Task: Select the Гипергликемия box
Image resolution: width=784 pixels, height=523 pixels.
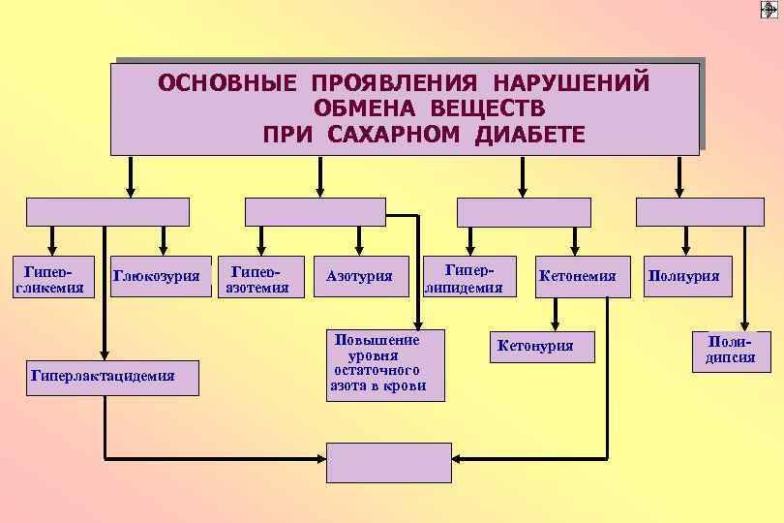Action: click(52, 276)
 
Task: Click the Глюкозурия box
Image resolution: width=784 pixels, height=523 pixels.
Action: click(162, 277)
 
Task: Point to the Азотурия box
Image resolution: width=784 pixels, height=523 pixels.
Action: click(359, 277)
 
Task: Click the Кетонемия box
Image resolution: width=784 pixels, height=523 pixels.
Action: click(577, 277)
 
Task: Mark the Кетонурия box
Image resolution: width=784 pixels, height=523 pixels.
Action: click(534, 346)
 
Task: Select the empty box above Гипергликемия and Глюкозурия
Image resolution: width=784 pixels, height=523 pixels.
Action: click(107, 212)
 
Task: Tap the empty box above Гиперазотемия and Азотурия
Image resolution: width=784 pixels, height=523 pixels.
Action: click(315, 212)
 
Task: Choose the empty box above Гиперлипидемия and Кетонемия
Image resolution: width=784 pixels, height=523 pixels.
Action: click(523, 212)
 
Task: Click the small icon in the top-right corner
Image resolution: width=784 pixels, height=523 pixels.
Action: click(770, 10)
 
